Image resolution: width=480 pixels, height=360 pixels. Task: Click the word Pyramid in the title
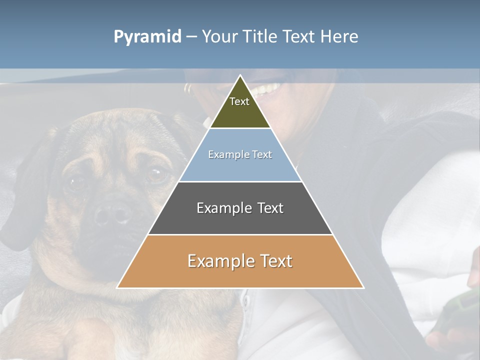click(x=147, y=37)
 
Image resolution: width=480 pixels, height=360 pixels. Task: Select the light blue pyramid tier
click(x=240, y=167)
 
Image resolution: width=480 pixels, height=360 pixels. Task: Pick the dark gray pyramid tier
click(x=240, y=220)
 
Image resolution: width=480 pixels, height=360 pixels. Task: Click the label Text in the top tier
click(x=239, y=101)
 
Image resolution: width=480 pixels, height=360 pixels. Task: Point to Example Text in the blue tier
click(x=240, y=154)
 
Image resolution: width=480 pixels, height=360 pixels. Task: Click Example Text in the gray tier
click(x=240, y=208)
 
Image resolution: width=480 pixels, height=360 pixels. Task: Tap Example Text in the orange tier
click(x=240, y=261)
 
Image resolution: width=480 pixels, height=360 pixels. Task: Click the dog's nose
click(x=112, y=214)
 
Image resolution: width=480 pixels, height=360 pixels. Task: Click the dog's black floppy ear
click(x=22, y=200)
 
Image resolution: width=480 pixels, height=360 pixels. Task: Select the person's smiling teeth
click(x=267, y=90)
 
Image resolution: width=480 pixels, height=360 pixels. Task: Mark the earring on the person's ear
click(x=187, y=89)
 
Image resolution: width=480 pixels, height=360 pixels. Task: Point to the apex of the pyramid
click(x=240, y=76)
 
